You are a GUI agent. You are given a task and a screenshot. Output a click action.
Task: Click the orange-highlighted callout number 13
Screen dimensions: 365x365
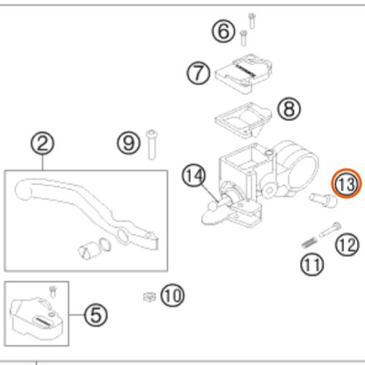click(346, 185)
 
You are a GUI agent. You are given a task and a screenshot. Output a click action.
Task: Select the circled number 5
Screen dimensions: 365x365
click(96, 315)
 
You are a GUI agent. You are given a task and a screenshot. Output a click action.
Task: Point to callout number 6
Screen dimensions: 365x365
click(223, 31)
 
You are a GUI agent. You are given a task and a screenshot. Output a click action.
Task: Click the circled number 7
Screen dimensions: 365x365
click(197, 73)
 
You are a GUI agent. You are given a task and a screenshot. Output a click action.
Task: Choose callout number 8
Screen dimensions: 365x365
click(289, 109)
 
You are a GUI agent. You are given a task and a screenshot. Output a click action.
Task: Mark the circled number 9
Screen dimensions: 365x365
click(129, 142)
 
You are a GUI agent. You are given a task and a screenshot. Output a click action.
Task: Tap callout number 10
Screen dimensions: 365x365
click(172, 296)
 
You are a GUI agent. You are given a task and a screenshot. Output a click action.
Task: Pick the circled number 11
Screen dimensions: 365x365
click(312, 264)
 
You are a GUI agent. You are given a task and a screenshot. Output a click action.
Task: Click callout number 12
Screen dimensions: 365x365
click(347, 245)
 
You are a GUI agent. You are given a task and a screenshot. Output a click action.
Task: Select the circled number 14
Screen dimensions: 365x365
click(194, 176)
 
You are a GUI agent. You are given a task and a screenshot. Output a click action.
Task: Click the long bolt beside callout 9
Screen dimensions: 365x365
click(152, 143)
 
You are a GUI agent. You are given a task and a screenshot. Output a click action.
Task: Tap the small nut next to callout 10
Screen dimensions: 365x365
click(147, 296)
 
